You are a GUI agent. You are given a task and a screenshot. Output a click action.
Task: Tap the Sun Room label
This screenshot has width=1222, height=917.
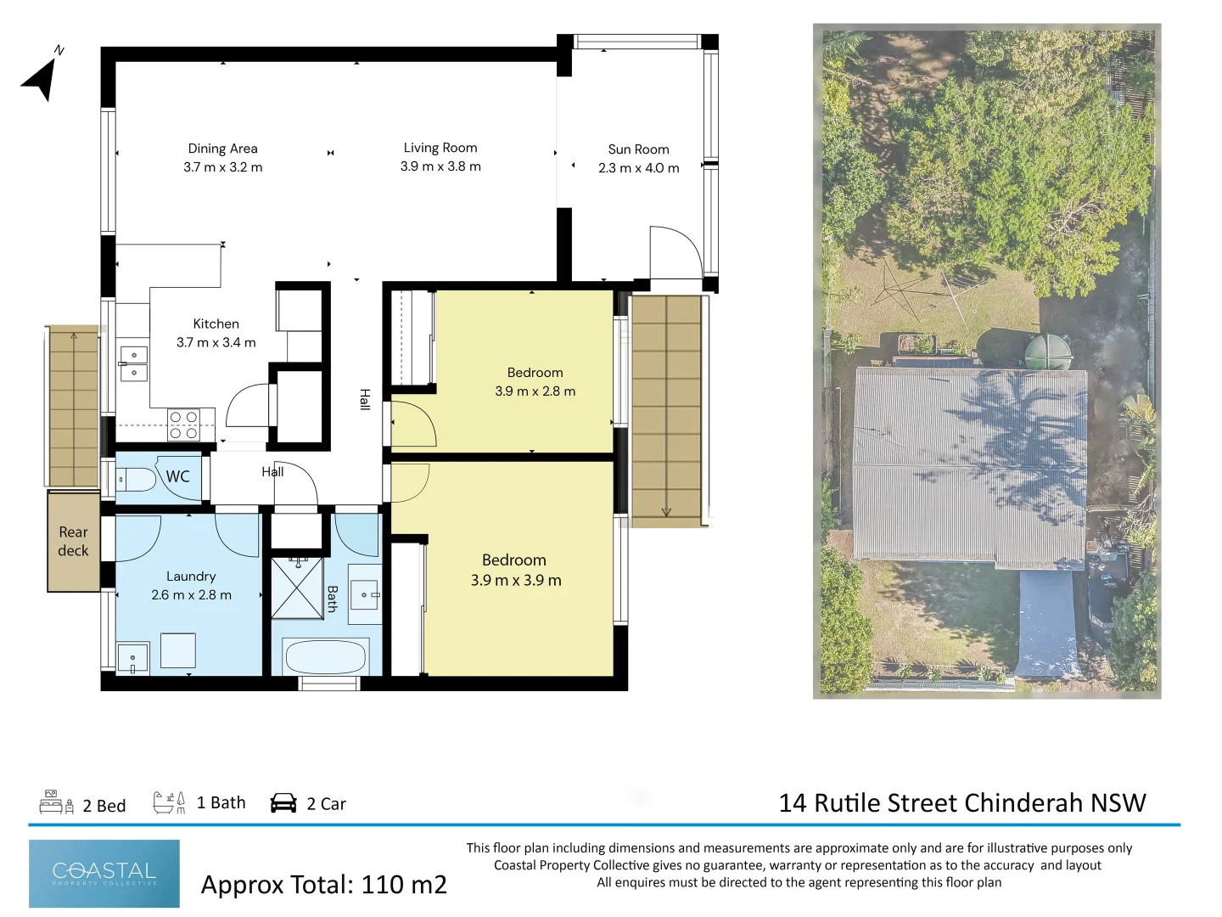tap(638, 149)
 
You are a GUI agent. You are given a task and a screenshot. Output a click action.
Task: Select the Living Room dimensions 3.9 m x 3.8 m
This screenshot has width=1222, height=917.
tap(440, 166)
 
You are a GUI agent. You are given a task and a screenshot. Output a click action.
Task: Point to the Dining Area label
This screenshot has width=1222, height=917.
tap(222, 149)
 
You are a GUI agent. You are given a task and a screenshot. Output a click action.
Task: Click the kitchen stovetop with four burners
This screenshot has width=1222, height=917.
tap(183, 425)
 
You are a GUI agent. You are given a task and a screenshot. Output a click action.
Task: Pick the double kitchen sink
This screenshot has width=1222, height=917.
tap(134, 363)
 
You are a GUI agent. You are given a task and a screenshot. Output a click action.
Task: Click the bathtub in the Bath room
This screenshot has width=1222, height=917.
tap(326, 656)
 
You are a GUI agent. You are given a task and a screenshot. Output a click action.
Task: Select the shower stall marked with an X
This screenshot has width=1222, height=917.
tap(297, 588)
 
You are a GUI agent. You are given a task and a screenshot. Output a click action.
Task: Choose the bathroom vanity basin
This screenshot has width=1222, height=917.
tap(365, 594)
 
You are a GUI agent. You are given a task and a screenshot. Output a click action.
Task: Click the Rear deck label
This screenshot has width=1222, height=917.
tap(73, 541)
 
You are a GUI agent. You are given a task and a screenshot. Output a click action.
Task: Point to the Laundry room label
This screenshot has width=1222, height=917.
tap(191, 577)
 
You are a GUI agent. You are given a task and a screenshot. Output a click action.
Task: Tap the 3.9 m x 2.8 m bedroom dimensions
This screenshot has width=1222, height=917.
tap(535, 391)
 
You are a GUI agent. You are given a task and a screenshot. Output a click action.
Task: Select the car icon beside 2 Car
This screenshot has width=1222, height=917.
tap(283, 803)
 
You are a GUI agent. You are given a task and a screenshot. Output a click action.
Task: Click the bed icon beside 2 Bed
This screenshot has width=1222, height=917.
tap(56, 802)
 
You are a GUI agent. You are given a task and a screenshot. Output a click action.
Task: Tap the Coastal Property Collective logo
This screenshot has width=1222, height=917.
tap(104, 874)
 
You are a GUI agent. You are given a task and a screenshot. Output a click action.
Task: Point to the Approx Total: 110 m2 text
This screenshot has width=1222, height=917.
tap(323, 884)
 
